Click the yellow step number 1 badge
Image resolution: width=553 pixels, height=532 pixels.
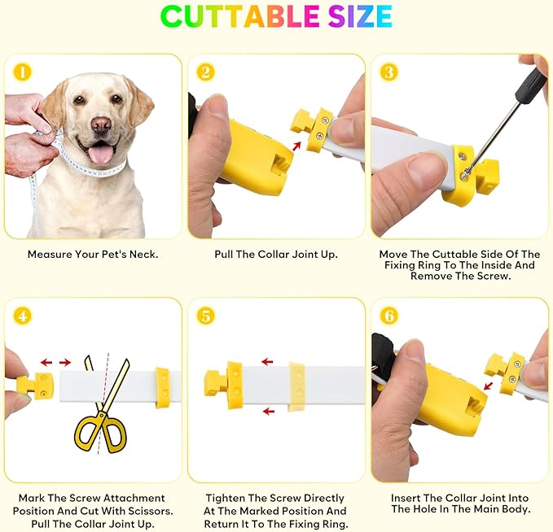23,72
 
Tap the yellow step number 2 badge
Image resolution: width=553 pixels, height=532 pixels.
205,72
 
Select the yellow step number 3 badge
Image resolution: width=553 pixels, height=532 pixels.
389,72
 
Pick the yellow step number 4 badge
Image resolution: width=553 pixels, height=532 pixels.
23,316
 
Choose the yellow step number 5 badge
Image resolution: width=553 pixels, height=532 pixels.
205,316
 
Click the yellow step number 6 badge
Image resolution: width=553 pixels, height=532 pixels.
389,316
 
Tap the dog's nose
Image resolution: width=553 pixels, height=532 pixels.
101,124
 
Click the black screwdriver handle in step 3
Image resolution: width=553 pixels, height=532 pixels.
529,85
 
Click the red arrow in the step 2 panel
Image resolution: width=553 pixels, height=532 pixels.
297,146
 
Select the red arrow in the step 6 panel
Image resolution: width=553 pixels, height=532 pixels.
488,386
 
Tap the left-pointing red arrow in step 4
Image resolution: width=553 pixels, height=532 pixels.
46,362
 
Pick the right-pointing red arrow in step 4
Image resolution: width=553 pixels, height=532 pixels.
65,362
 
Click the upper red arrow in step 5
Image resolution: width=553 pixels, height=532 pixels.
268,361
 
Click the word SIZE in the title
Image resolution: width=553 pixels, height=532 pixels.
360,16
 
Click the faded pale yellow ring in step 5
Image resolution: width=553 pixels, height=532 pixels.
296,386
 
